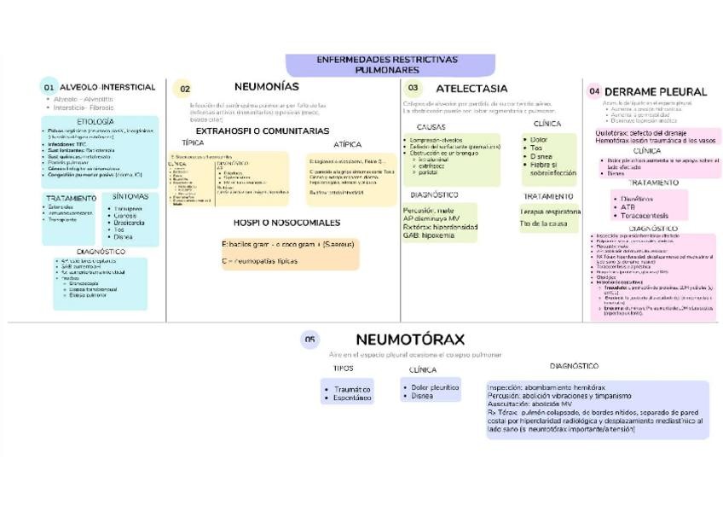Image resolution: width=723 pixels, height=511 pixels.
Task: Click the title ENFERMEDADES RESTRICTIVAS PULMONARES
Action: (x=386, y=65)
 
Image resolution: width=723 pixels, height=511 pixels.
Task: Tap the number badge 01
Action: (x=49, y=88)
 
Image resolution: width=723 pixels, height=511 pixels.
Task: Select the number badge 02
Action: (x=184, y=89)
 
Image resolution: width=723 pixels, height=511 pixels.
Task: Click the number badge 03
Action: (x=413, y=88)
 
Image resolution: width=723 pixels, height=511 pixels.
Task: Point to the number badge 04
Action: (x=594, y=91)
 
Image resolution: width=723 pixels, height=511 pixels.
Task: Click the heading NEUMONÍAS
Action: (x=266, y=87)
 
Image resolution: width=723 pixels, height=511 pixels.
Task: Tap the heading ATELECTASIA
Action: (x=471, y=88)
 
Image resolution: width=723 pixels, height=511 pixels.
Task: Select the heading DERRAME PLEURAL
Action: (x=656, y=91)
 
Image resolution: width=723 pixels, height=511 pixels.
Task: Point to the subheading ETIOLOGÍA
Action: (x=89, y=122)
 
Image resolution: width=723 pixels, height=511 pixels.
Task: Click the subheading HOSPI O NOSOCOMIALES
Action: (x=286, y=223)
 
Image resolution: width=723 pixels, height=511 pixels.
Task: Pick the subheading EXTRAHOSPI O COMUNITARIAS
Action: (x=262, y=131)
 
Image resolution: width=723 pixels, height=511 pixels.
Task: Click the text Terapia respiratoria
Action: (x=551, y=212)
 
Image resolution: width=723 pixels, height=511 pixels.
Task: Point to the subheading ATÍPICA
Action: (x=347, y=144)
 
